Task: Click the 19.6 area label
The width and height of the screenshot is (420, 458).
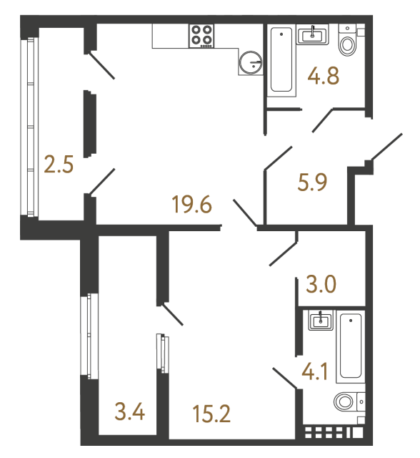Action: [191, 205]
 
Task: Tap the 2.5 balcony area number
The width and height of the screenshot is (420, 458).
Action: [59, 165]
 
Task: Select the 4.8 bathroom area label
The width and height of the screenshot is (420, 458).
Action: [324, 76]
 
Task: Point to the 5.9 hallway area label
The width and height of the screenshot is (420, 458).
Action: [312, 182]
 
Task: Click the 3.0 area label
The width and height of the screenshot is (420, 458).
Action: [321, 284]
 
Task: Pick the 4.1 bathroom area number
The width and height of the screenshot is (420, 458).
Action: [315, 371]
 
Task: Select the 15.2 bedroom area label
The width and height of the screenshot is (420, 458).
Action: [211, 414]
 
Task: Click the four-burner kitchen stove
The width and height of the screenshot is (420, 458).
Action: [201, 36]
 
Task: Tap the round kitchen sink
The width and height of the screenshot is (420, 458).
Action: [251, 62]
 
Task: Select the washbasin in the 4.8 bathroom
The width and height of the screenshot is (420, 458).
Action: [312, 35]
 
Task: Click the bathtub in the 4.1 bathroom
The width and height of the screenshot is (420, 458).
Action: [351, 346]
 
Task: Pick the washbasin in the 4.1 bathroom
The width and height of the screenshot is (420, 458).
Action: [321, 321]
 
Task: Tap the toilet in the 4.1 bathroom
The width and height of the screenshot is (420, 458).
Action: [349, 401]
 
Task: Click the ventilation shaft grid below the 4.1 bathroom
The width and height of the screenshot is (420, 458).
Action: [334, 433]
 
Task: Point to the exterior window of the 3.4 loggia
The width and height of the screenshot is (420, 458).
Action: [89, 336]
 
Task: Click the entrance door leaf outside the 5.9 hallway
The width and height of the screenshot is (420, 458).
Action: [386, 147]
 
